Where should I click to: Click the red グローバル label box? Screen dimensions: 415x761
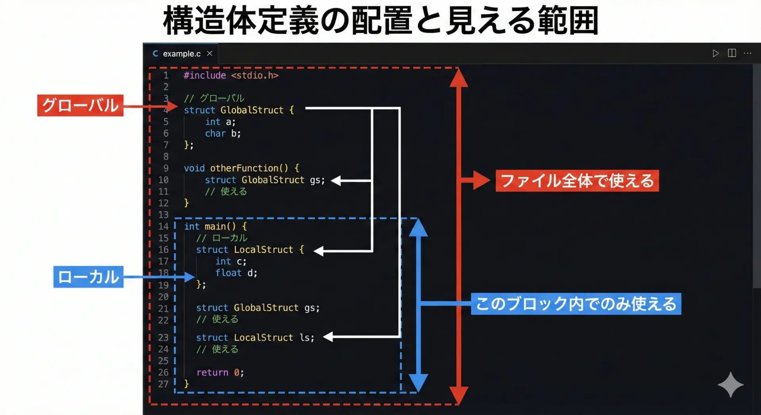pos(80,105)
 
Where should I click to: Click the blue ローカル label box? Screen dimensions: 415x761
pos(88,277)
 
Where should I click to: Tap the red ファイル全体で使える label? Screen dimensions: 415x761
pos(577,181)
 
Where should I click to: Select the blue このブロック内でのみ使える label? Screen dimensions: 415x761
pos(576,304)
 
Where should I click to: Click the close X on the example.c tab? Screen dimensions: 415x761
pos(210,54)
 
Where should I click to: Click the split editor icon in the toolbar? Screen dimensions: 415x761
pos(732,53)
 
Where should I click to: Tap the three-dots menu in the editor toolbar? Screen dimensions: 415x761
pos(748,53)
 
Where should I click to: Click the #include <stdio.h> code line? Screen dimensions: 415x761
pos(231,75)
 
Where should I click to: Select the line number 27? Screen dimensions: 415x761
pos(163,384)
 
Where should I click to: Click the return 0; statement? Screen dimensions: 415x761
pos(220,373)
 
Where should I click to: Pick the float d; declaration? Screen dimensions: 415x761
pos(236,273)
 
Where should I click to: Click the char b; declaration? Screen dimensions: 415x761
pos(223,134)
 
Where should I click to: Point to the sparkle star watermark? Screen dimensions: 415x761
pos(730,384)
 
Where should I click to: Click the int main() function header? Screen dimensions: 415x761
pos(216,226)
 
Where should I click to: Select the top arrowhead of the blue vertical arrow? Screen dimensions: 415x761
pos(418,228)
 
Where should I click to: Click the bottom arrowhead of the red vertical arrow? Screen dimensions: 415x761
pos(459,395)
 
